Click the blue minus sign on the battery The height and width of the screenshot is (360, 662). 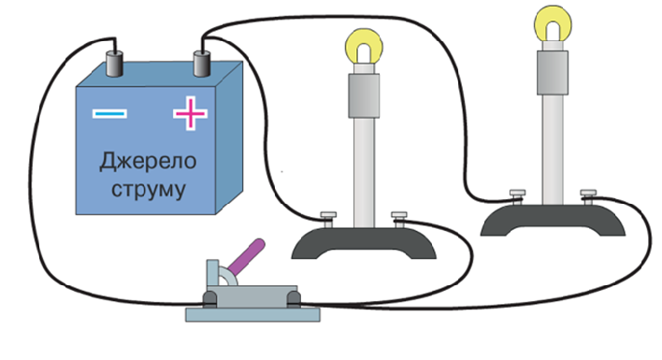(x=109, y=113)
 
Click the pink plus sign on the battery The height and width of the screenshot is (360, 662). (x=191, y=113)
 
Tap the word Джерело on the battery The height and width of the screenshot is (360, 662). (x=148, y=162)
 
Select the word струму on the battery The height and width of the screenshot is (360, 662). (x=148, y=190)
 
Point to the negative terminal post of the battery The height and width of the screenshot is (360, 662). (x=114, y=64)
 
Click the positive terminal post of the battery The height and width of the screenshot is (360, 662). (x=202, y=64)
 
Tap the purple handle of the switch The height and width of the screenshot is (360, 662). (x=246, y=256)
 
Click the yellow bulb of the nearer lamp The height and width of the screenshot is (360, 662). (x=364, y=47)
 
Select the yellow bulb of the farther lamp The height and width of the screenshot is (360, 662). (x=553, y=23)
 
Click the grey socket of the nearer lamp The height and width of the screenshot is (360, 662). (x=364, y=95)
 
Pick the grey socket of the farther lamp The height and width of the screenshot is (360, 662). (x=553, y=73)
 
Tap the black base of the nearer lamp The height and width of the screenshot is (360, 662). (x=364, y=243)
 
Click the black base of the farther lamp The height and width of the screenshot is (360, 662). (x=553, y=220)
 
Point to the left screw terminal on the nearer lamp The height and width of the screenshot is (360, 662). (x=328, y=220)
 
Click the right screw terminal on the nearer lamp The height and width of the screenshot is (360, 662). (x=399, y=220)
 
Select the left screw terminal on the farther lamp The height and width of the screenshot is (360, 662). (x=518, y=197)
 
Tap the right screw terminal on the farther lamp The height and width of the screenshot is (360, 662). (x=588, y=197)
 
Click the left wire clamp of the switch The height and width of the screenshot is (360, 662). (x=209, y=299)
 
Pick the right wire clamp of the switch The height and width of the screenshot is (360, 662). (x=294, y=299)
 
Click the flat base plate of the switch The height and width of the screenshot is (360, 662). (x=252, y=315)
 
